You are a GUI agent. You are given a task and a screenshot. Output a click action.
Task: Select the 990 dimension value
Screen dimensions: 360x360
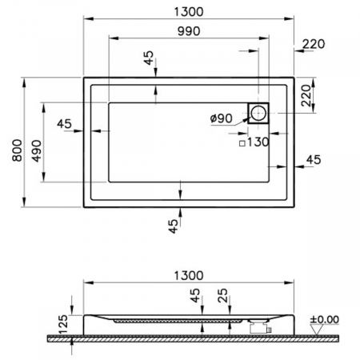coord(184,31)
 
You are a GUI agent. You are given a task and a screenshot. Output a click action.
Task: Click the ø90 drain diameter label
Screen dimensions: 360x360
coord(221,119)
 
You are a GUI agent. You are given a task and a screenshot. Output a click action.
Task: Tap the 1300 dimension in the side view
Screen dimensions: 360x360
coord(187,274)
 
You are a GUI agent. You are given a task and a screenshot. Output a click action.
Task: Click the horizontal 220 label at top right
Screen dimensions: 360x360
coord(314,44)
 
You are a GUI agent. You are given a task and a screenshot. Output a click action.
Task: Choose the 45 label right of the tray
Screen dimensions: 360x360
coord(313,159)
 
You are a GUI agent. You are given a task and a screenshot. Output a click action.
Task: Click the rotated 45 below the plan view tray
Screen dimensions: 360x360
coord(173,227)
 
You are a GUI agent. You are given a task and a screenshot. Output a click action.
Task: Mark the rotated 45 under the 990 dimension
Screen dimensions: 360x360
coord(147,59)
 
